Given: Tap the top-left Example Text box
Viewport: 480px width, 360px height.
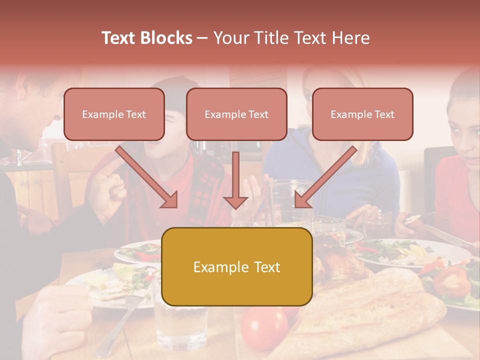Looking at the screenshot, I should [114, 114].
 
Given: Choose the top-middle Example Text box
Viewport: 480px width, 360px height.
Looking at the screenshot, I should [236, 114].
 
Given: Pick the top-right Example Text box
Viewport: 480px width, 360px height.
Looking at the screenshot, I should [362, 114].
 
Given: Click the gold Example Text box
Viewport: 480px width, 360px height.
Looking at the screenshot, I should [236, 266].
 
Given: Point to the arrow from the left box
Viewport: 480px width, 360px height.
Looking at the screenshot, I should [147, 177].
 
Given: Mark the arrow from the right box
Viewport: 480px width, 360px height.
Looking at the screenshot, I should [325, 177].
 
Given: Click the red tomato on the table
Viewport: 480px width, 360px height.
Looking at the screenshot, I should [264, 328].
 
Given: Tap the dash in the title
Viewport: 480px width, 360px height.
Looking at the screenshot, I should [202, 38].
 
